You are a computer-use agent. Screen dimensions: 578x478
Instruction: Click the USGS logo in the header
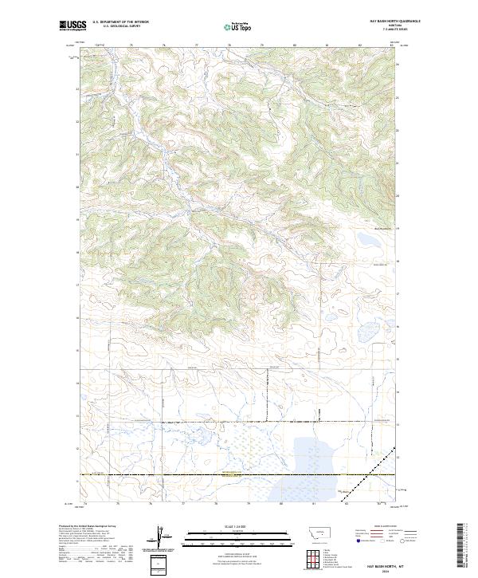click(x=72, y=26)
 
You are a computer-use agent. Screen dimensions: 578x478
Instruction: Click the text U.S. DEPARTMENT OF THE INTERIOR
click(x=120, y=22)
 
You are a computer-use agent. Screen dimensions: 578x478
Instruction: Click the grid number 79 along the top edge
click(x=262, y=45)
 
